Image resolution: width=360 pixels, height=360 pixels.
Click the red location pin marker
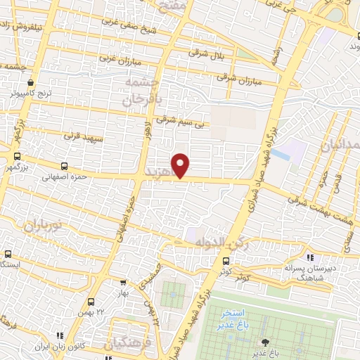pyautogui.click(x=181, y=164)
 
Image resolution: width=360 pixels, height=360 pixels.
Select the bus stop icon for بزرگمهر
pyautogui.click(x=17, y=157)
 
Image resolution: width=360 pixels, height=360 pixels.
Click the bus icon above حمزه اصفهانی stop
pyautogui.click(x=65, y=167)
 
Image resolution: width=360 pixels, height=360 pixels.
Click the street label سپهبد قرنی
pyautogui.click(x=84, y=133)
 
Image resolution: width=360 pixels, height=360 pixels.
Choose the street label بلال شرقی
pyautogui.click(x=206, y=53)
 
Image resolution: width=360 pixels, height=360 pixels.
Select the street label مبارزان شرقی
pyautogui.click(x=239, y=79)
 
